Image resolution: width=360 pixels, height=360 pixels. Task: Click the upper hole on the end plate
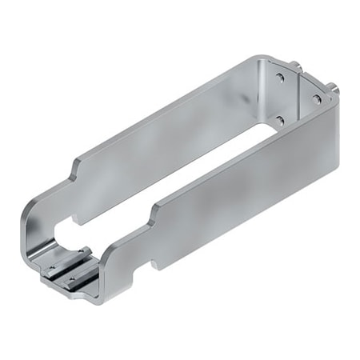pyautogui.click(x=280, y=78)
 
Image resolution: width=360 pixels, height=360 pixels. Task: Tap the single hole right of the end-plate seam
pyautogui.click(x=317, y=99)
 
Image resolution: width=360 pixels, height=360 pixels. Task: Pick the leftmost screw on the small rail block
pyautogui.click(x=52, y=267)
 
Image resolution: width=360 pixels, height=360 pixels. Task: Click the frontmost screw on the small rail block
pyautogui.click(x=71, y=279)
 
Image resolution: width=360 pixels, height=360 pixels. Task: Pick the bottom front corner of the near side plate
pyautogui.click(x=99, y=301)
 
